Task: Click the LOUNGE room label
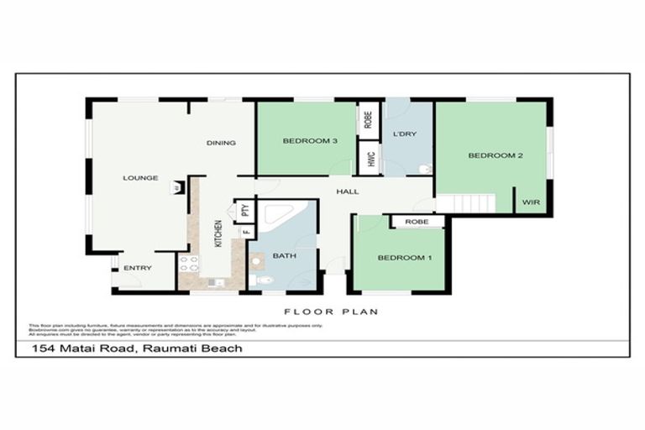(x=140, y=178)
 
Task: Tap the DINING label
(x=221, y=143)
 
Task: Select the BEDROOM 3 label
(x=310, y=141)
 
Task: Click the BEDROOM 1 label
(x=404, y=258)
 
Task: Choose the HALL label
(x=348, y=192)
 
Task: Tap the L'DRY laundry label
(x=405, y=134)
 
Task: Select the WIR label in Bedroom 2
(x=531, y=202)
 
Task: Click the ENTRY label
(x=137, y=268)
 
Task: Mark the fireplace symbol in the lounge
(x=176, y=188)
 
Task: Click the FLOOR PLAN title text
(x=330, y=312)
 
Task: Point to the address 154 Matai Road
(x=137, y=348)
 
